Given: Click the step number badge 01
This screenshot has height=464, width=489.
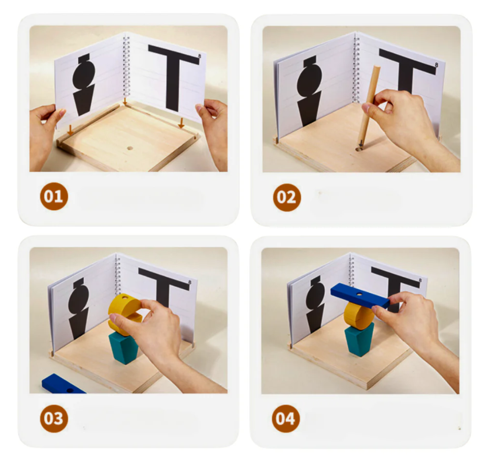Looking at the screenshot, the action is pos(54,196).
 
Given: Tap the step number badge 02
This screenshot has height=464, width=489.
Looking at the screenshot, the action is pos(287,197).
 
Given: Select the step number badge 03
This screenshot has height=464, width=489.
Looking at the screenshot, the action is pos(54,418).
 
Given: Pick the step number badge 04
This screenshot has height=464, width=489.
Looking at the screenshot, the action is pos(286,418).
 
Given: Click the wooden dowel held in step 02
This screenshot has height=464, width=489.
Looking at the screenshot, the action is pos(368,106).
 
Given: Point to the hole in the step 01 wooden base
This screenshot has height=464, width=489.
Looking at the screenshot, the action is pos(130,148).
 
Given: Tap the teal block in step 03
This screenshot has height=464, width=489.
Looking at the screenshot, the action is pos(124,348).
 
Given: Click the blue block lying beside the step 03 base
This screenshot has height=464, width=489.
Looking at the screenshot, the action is pos(62,384).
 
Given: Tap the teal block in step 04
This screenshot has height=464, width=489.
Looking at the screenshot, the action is pos(359,339).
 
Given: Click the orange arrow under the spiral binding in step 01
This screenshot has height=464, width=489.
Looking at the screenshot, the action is pos(125,101).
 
